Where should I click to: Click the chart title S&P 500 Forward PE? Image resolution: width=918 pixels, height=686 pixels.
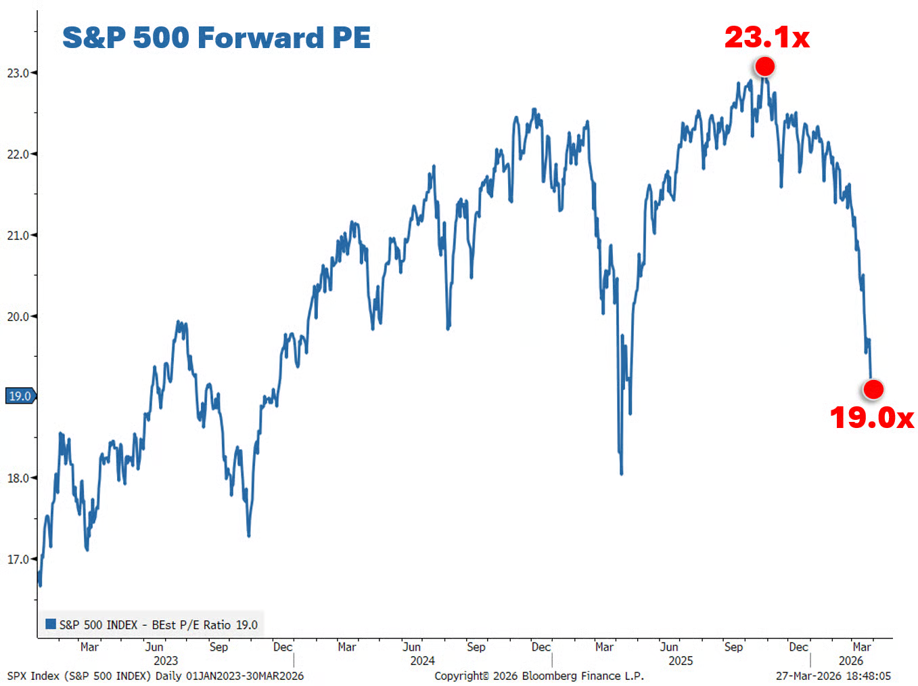[x=216, y=37]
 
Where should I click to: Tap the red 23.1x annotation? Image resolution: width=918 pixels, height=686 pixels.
[x=766, y=37]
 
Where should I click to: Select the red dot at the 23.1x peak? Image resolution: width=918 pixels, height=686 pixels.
[x=764, y=66]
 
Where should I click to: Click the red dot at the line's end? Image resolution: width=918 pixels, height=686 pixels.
[x=873, y=389]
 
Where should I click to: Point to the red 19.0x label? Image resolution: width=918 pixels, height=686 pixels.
[x=871, y=418]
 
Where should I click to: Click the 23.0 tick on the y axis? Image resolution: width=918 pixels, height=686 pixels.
[x=18, y=73]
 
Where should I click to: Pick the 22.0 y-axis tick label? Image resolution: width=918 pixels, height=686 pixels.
[x=18, y=154]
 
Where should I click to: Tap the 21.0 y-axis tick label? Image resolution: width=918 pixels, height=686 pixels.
[x=18, y=236]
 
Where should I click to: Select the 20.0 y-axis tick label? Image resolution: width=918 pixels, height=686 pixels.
[x=18, y=317]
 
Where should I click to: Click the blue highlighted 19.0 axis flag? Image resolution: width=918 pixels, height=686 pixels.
[x=20, y=396]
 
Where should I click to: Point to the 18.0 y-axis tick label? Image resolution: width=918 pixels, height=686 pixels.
[x=18, y=478]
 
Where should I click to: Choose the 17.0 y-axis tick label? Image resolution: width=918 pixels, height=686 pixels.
[x=18, y=559]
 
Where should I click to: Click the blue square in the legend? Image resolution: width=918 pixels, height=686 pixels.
[x=51, y=624]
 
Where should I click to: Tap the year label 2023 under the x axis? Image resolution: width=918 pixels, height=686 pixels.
[x=166, y=661]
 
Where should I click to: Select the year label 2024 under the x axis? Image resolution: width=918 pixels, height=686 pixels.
[x=423, y=661]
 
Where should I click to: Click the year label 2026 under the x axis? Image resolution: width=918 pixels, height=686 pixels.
[x=851, y=661]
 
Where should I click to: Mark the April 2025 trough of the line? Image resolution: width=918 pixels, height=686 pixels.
[x=621, y=473]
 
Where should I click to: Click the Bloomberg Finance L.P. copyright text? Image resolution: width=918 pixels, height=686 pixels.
[x=539, y=676]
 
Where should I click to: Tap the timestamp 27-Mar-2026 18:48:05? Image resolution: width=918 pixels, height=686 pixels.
[x=833, y=676]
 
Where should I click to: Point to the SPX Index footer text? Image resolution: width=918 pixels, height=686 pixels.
[x=156, y=676]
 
